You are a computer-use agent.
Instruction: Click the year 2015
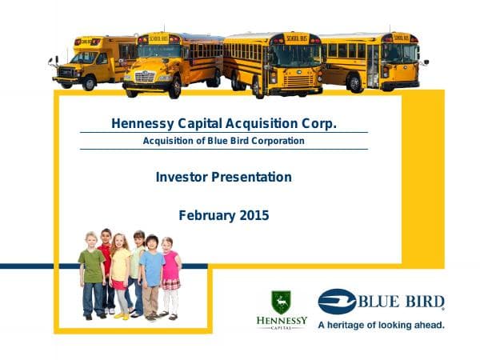pos(254,215)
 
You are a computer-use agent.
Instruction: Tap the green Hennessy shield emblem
pos(281,302)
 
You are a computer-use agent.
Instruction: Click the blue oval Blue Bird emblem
pos(337,302)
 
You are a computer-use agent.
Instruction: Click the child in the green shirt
pos(92,272)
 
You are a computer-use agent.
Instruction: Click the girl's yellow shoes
pos(122,315)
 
